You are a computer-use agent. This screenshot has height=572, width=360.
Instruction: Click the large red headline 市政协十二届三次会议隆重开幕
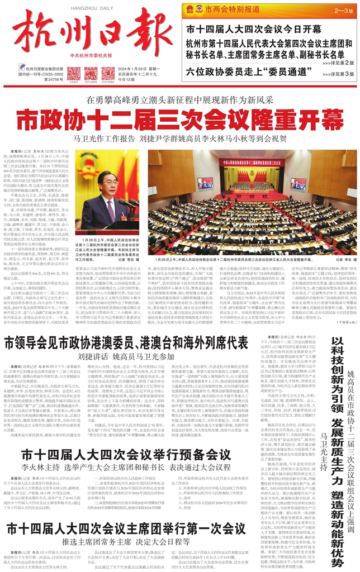coord(180,119)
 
